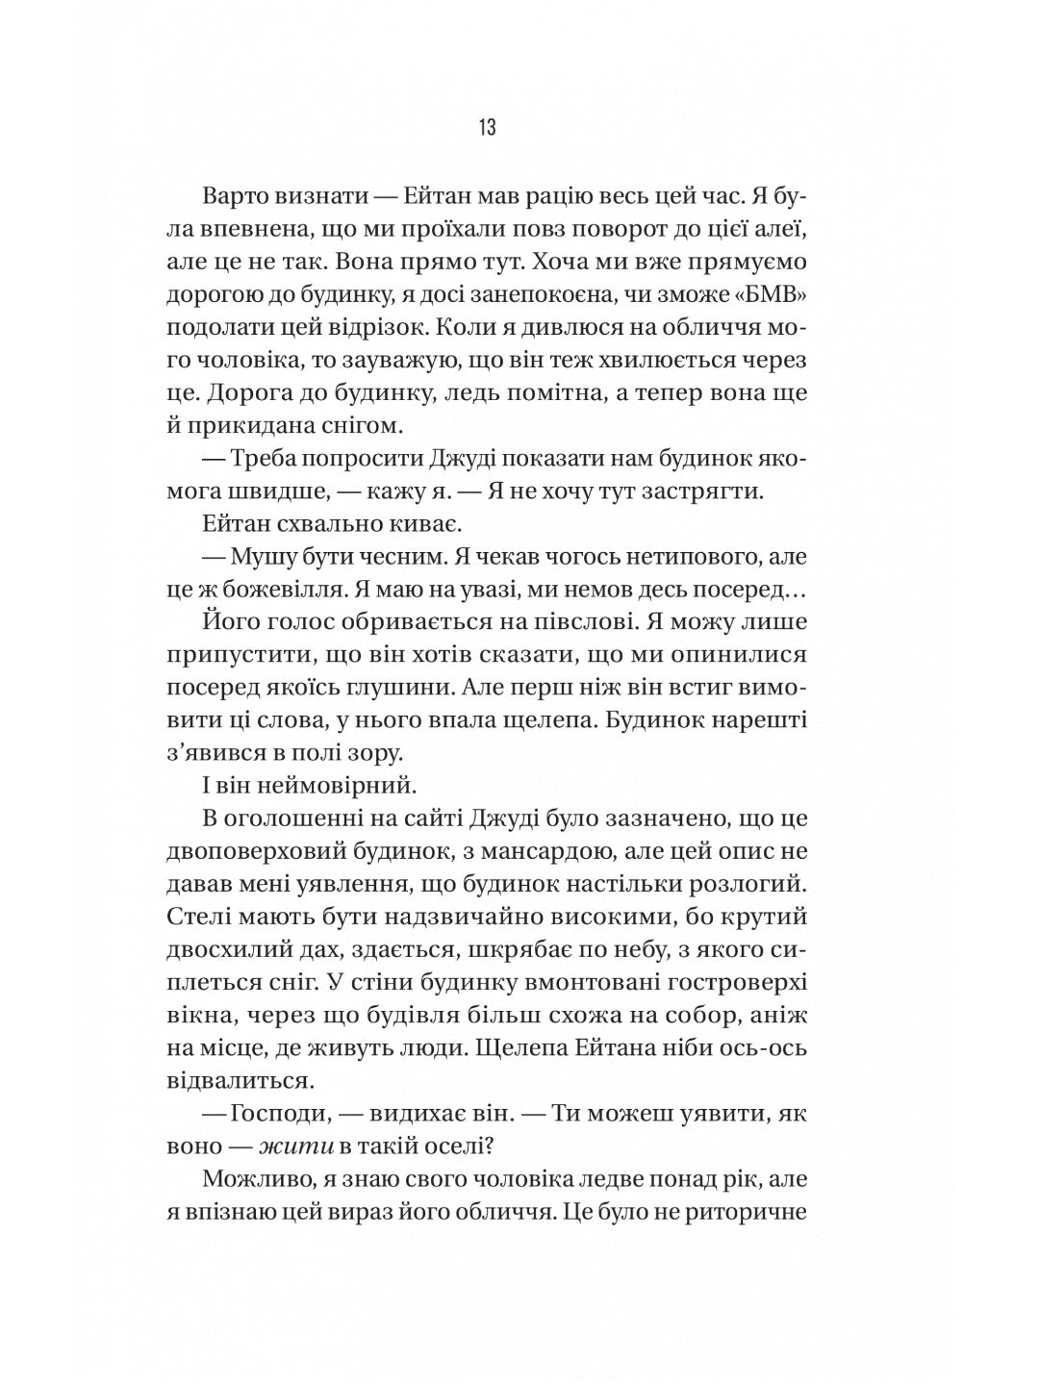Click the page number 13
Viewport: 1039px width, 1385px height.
click(x=486, y=128)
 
